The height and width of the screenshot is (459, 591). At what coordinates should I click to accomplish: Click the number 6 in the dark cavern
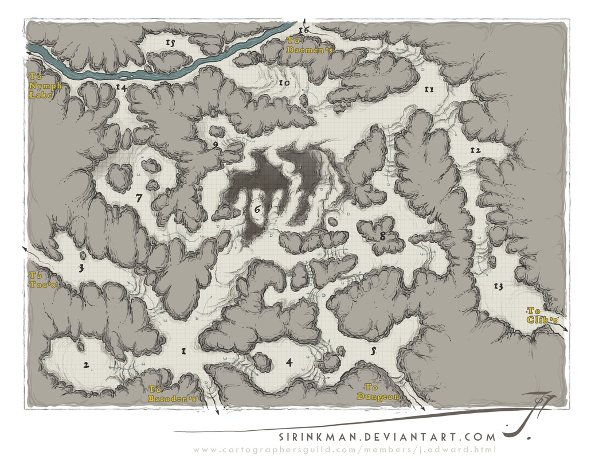[257, 209]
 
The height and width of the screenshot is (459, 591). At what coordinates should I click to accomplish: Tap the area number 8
[382, 235]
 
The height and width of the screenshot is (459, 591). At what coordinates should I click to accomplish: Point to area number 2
[86, 365]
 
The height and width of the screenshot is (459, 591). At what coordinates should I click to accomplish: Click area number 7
[138, 197]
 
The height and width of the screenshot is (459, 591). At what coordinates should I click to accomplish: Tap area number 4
[289, 362]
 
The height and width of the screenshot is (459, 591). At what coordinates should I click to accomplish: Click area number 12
[475, 150]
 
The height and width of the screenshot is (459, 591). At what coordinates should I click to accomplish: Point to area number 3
[81, 267]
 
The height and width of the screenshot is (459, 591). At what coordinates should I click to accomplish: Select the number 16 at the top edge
[304, 29]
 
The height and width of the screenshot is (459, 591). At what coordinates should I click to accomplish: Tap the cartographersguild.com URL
[344, 450]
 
